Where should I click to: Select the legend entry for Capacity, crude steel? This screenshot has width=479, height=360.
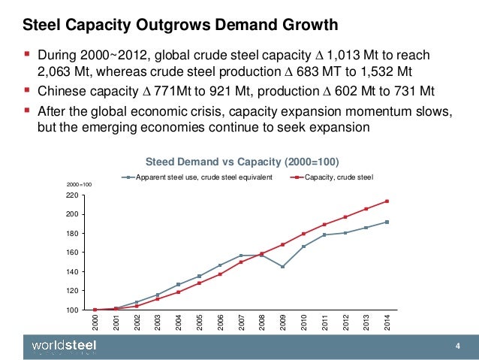click(x=336, y=177)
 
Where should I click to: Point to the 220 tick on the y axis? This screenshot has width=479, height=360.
click(x=72, y=195)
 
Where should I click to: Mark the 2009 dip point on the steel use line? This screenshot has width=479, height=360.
click(x=282, y=267)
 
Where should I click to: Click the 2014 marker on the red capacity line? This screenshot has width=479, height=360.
click(x=387, y=201)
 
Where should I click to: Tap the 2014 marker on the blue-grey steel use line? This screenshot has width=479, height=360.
click(x=387, y=222)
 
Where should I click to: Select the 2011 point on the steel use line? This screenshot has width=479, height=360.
click(x=324, y=234)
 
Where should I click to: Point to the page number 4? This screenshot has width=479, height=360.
click(x=457, y=346)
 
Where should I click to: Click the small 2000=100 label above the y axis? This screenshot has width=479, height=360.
click(x=78, y=183)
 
